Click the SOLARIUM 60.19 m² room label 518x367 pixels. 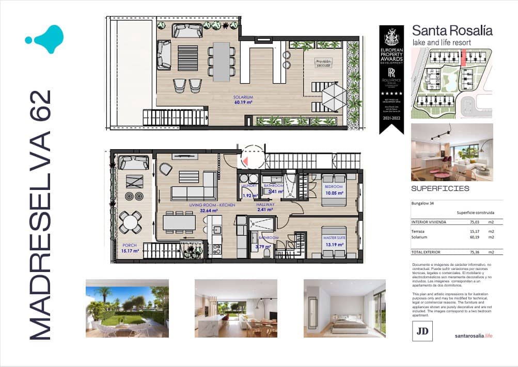[244, 100]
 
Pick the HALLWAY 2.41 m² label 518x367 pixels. [266, 208]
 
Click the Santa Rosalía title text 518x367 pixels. [452, 30]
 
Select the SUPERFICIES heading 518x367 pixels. [440, 188]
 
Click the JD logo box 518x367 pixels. [422, 331]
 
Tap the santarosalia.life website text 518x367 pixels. [474, 336]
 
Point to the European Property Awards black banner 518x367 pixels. [391, 77]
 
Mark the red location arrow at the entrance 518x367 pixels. [247, 161]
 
